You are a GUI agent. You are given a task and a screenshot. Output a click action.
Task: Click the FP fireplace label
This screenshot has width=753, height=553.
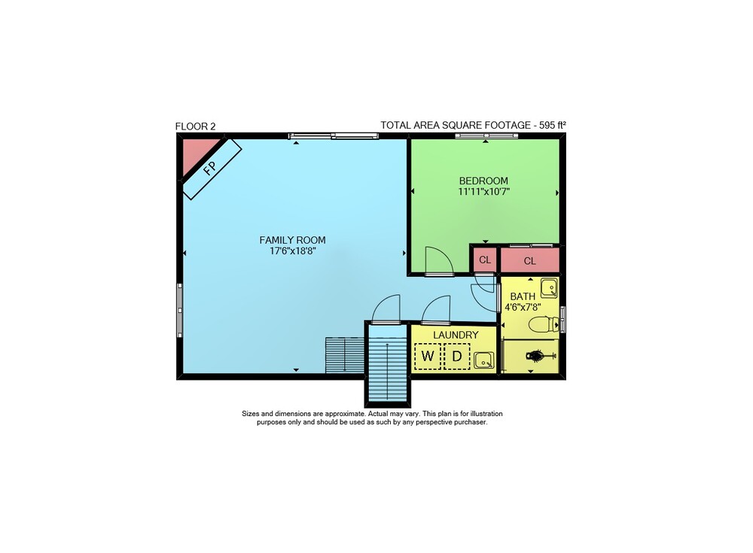pyautogui.click(x=209, y=168)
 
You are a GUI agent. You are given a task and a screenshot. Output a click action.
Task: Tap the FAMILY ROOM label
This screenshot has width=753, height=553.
pyautogui.click(x=292, y=240)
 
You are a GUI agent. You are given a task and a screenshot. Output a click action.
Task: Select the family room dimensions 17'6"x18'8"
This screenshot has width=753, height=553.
pyautogui.click(x=292, y=251)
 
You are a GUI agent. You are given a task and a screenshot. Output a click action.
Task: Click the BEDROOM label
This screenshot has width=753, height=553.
pyautogui.click(x=483, y=181)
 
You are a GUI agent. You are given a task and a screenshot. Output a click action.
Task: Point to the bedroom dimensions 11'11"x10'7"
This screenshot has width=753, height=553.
pyautogui.click(x=483, y=192)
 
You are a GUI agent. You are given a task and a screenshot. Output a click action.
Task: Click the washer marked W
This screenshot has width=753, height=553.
pyautogui.click(x=428, y=356)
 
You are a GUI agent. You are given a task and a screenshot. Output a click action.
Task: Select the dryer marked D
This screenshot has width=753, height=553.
pyautogui.click(x=457, y=356)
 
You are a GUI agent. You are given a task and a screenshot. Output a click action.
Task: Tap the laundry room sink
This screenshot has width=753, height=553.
pyautogui.click(x=483, y=360)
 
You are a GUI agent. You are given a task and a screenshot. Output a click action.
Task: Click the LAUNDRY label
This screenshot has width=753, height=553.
pyautogui.click(x=456, y=335)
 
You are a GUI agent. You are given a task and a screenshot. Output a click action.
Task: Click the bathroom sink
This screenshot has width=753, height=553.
pyautogui.click(x=550, y=288)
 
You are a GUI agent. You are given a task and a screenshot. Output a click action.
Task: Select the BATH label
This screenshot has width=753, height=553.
pyautogui.click(x=523, y=296)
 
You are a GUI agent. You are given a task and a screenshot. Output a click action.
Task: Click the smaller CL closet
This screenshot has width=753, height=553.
pyautogui.click(x=485, y=260)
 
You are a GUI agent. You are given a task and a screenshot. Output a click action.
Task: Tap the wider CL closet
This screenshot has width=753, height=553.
pyautogui.click(x=530, y=261)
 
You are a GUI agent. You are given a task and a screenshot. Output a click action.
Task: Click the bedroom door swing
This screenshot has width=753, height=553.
pyautogui.click(x=439, y=260)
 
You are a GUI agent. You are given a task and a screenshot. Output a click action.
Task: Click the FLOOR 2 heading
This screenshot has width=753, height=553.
pyautogui.click(x=196, y=126)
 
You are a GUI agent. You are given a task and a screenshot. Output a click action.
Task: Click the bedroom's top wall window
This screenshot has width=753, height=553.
pyautogui.click(x=486, y=136)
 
